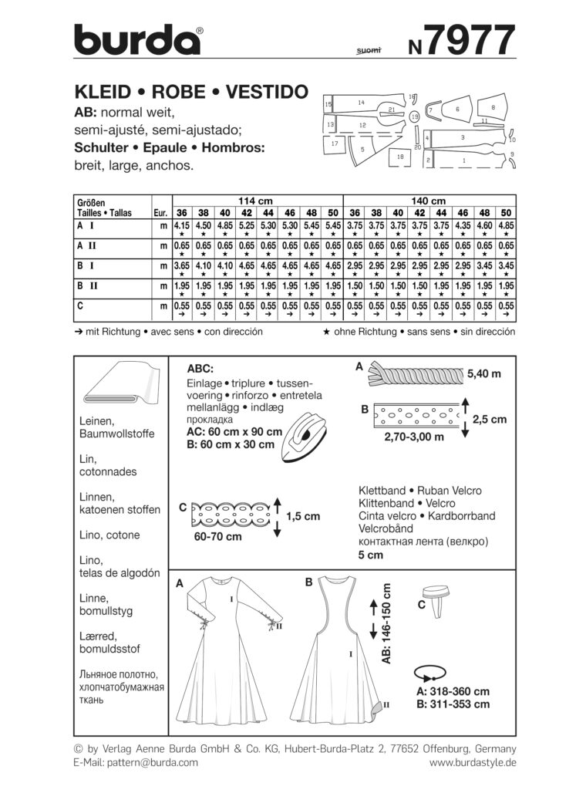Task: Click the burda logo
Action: (x=138, y=39)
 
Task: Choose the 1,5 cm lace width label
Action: (x=302, y=516)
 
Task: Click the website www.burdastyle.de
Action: (x=472, y=762)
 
